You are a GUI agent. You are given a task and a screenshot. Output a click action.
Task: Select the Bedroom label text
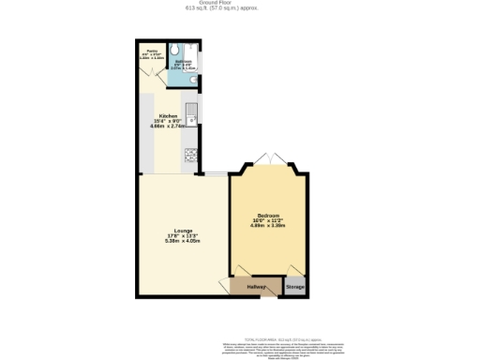click(x=269, y=216)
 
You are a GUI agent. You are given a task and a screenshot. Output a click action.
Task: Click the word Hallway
click(x=257, y=286)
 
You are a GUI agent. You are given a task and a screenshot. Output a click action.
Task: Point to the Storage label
click(x=295, y=286)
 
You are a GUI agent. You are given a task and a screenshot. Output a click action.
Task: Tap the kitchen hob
click(x=189, y=155)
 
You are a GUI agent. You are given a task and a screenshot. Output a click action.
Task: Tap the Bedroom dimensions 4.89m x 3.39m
click(x=269, y=227)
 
